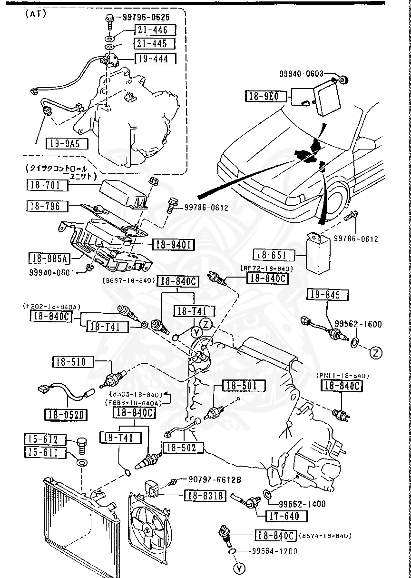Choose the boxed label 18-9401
pos(173,245)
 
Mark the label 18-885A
pos(49,259)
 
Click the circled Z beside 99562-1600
pos(376,353)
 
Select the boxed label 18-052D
pos(67,415)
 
